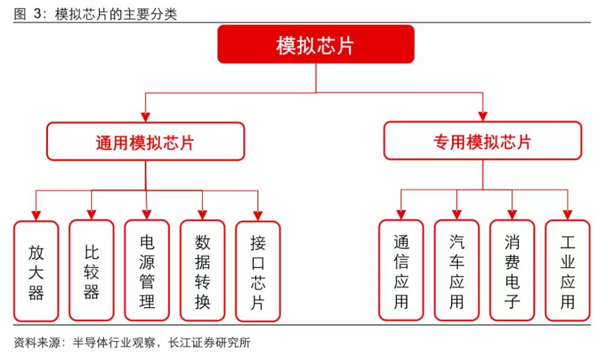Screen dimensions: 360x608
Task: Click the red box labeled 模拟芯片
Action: [316, 45]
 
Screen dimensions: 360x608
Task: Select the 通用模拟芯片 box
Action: [145, 142]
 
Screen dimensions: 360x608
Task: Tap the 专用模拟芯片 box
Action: [482, 141]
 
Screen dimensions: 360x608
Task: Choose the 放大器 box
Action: [36, 271]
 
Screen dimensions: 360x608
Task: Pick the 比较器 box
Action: [91, 270]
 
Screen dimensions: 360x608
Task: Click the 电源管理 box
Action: [146, 270]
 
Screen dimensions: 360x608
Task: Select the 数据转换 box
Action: [202, 271]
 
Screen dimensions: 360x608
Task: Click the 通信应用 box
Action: [401, 270]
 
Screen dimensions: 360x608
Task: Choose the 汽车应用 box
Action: [457, 270]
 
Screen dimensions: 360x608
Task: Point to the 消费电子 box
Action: [512, 270]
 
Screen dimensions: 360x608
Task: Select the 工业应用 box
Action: [567, 270]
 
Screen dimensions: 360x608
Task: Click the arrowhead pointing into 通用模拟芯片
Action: [145, 117]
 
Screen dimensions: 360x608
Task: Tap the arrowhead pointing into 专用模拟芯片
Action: [482, 116]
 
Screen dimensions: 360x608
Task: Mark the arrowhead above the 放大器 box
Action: [36, 215]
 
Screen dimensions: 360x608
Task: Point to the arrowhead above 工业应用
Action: [567, 214]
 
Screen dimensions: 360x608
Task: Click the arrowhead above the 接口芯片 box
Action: [257, 215]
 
